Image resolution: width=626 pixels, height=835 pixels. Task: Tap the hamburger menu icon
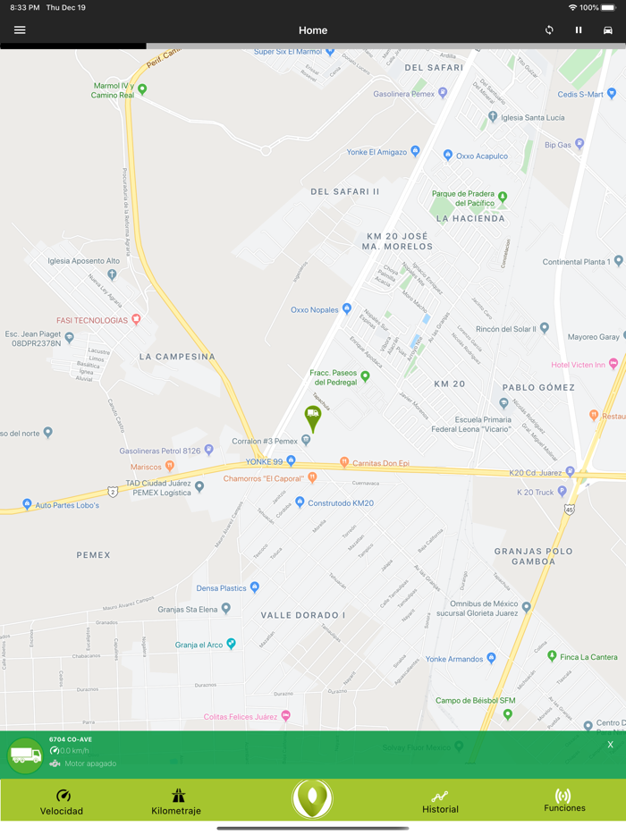pos(20,30)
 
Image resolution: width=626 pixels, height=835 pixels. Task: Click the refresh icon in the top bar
pos(549,30)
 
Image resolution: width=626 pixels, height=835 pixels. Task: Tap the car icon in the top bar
pos(608,30)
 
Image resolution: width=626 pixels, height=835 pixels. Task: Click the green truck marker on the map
pos(313,417)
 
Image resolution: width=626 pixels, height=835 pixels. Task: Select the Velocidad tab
pos(62,802)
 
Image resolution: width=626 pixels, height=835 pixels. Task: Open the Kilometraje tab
pos(176,802)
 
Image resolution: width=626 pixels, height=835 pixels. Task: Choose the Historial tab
pos(440,802)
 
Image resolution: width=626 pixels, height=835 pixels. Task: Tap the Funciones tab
pos(564,801)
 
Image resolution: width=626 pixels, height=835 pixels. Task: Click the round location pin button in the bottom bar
pos(312,798)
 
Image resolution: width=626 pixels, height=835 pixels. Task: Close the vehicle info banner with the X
pos(611,745)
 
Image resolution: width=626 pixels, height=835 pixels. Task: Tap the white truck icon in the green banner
pos(25,755)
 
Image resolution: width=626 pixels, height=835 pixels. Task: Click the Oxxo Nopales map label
pos(315,310)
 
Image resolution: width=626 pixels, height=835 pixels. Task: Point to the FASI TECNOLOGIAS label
pos(92,320)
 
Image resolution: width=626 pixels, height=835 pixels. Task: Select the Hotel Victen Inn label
pos(579,365)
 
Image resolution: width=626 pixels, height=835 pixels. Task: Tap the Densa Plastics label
pos(222,588)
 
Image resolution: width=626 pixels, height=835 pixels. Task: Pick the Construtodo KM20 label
pos(340,503)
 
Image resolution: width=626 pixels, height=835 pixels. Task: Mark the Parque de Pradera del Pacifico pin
pos(503,197)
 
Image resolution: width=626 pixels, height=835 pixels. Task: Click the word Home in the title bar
pos(313,30)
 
